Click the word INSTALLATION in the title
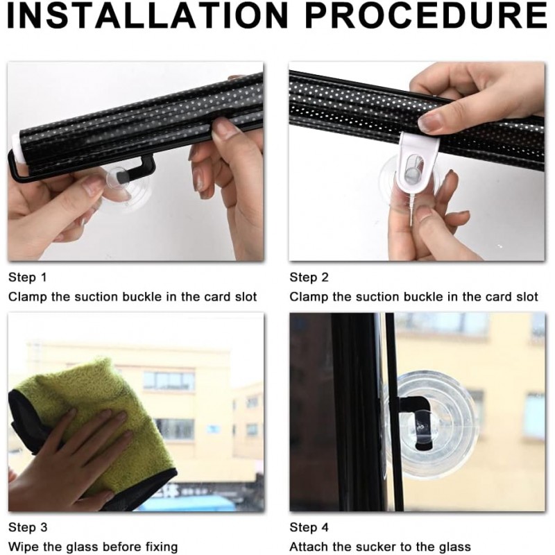click(148, 16)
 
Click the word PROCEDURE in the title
click(427, 16)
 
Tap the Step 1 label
click(28, 277)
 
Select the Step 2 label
click(309, 277)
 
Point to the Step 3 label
click(28, 527)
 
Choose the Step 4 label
click(309, 527)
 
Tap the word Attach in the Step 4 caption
click(309, 547)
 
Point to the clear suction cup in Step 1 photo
click(125, 187)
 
